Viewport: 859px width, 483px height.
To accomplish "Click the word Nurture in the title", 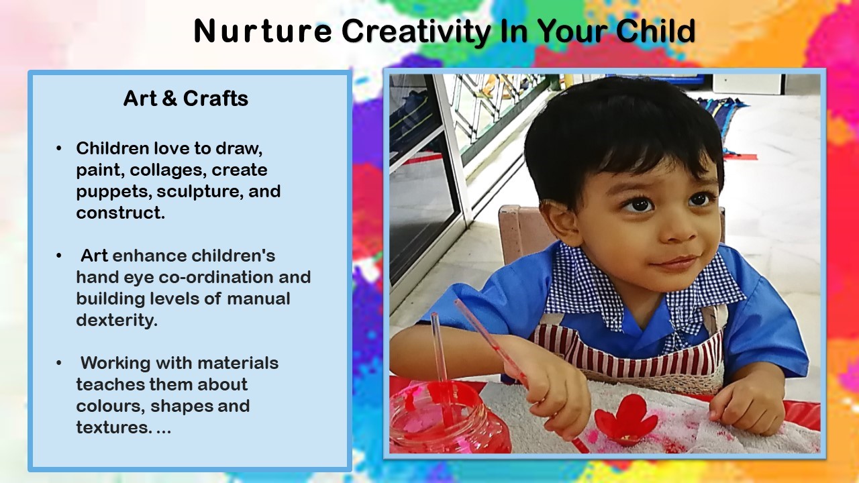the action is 262,31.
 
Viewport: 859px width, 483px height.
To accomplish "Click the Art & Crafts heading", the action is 186,99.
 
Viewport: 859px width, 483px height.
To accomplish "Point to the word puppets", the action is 114,192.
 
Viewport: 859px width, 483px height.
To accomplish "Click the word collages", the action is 166,170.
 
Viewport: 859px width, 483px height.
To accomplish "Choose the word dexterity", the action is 117,320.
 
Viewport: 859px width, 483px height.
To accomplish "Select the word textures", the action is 114,427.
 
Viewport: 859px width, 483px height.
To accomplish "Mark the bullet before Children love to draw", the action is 58,148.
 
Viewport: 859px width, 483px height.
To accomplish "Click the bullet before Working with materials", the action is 58,363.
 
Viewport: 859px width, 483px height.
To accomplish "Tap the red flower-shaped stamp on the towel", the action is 626,420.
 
